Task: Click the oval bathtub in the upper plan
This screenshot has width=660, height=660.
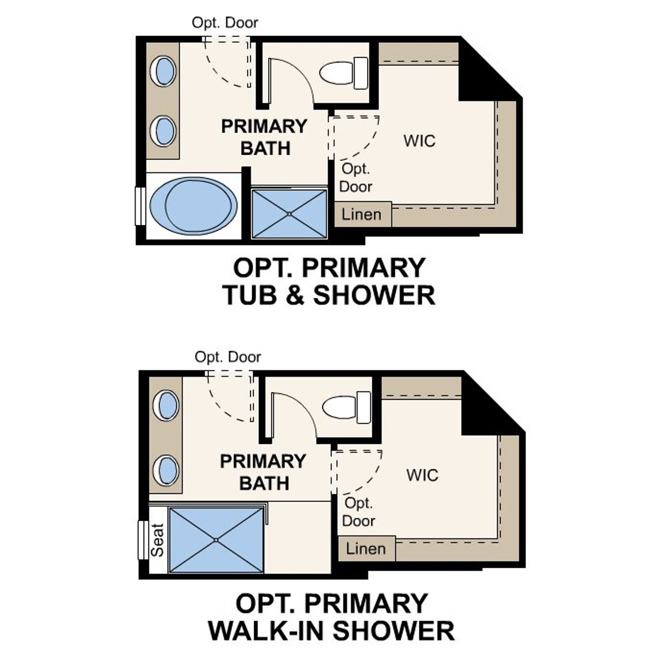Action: [x=193, y=206]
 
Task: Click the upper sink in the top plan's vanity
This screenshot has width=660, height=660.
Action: [x=163, y=71]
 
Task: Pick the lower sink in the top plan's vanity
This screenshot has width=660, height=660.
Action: [x=163, y=131]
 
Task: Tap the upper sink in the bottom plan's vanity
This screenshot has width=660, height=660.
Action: [x=167, y=405]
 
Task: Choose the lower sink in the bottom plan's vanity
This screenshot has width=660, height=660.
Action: [x=167, y=470]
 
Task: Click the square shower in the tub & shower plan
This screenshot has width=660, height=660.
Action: [x=289, y=213]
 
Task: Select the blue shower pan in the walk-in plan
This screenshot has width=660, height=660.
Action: [x=216, y=540]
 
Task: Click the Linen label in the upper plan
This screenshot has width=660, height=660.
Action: [x=362, y=214]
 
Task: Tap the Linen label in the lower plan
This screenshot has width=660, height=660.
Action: [x=366, y=549]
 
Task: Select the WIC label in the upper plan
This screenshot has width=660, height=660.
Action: [x=419, y=141]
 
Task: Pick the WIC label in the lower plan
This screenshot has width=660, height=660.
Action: [x=422, y=475]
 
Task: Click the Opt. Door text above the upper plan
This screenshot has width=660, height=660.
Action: [x=225, y=23]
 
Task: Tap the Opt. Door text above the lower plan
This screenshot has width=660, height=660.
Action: [x=228, y=357]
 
